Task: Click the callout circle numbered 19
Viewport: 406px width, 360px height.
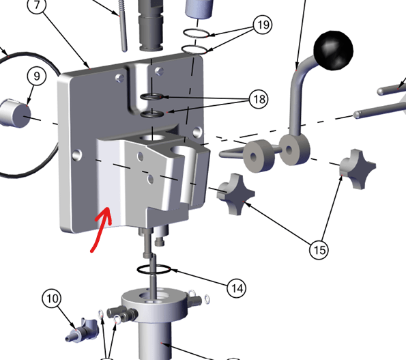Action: [263, 25]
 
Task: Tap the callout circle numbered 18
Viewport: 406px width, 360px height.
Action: [259, 99]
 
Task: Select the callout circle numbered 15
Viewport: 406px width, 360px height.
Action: [319, 250]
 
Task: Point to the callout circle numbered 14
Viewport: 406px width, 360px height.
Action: [237, 288]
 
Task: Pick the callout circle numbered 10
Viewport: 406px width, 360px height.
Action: [52, 299]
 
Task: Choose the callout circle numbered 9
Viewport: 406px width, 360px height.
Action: [37, 77]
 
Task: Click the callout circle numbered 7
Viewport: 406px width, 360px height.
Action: [37, 5]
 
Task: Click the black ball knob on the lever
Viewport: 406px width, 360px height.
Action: [333, 51]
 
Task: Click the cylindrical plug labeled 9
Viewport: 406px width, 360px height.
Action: [15, 113]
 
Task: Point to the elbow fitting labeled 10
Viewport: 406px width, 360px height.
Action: [82, 331]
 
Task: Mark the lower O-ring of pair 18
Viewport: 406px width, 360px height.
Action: [152, 115]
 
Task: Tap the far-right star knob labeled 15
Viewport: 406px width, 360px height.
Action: [358, 169]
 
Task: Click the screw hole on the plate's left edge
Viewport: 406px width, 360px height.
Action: [77, 155]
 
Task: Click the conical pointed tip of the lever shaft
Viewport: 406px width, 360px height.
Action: [231, 154]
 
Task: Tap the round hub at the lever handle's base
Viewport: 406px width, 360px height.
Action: [295, 150]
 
